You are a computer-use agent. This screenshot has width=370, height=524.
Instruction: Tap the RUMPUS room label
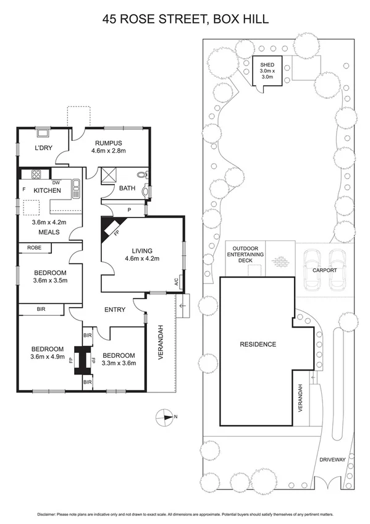point(108,142)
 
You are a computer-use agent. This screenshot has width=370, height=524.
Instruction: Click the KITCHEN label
point(47,190)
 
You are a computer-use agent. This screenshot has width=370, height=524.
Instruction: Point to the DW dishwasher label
point(56,182)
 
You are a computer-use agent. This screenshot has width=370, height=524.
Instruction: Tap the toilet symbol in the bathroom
point(143,175)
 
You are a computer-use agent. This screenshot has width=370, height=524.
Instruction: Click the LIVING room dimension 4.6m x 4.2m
point(143,258)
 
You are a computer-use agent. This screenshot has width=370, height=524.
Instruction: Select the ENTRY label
point(115,310)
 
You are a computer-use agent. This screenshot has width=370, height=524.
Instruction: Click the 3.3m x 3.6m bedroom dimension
point(118,363)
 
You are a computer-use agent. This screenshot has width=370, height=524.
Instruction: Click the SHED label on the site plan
point(267,65)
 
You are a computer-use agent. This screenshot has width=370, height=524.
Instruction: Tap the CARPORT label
point(325,270)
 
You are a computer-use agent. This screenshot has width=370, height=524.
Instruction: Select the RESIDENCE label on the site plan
point(258,344)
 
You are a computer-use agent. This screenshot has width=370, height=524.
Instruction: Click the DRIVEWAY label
point(334,460)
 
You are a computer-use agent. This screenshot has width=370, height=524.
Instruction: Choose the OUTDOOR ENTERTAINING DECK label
point(245,255)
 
